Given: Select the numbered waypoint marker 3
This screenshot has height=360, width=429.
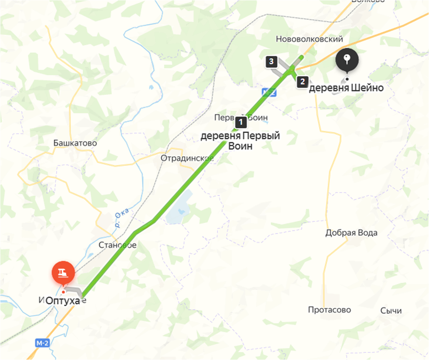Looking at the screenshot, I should click(271, 62).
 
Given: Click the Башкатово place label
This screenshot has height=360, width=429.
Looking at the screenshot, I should click(75, 143).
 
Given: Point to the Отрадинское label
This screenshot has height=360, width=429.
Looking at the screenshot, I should click(187, 158).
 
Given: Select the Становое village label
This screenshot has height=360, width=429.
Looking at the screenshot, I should click(117, 245).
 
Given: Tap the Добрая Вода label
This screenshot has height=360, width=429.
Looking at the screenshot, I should click(351, 233).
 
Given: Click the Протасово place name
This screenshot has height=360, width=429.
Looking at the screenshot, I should click(329, 310).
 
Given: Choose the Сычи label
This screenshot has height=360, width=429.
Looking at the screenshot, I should click(391, 311).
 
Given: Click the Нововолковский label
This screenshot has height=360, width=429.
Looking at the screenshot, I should click(309, 39).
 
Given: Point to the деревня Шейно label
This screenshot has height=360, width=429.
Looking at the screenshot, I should click(346, 88).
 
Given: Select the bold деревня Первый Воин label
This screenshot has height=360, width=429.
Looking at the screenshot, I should click(240, 141).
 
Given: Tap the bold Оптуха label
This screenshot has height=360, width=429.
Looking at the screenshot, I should click(63, 301).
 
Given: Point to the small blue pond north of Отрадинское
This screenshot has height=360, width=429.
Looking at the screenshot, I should click(151, 88).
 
